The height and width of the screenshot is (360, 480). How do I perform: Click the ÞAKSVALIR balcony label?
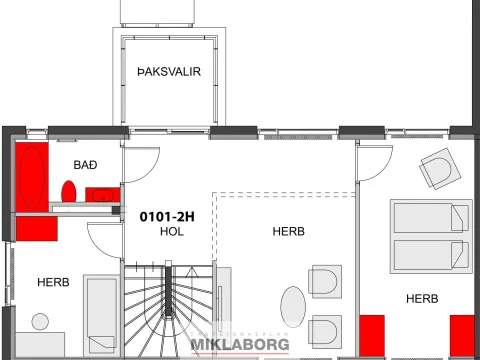pos(169,72)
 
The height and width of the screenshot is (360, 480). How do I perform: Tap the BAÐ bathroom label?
pos(85,165)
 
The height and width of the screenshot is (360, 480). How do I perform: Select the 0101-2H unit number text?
pos(167,217)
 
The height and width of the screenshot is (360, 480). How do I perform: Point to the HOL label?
pos(172,231)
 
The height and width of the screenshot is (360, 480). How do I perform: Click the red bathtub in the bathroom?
pos(32,177)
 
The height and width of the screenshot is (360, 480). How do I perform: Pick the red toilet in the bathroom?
pos(69,191)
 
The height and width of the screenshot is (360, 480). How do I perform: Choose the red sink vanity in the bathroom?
pos(103,195)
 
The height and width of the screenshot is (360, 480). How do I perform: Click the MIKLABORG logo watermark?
pos(240,344)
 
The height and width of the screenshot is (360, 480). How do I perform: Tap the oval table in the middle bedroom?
pos(293,307)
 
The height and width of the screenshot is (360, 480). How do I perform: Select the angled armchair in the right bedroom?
pos(440,169)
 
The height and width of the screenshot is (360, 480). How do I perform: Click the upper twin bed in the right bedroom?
pos(431,218)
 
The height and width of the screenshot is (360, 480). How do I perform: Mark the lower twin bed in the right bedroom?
pos(431,255)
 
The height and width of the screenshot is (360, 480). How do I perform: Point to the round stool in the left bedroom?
pos(40,322)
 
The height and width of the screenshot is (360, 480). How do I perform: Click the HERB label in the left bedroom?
pos(53,282)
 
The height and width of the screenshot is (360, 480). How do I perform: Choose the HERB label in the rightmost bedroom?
pos(422,299)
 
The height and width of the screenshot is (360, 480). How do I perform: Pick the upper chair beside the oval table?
pos(325,282)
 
